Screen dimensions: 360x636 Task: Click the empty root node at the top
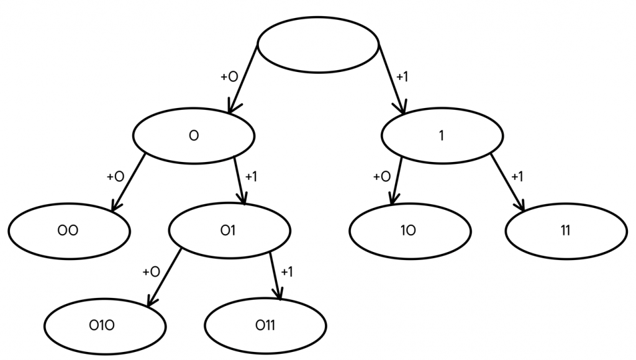[x=318, y=44]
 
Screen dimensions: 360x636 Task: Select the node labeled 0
[x=193, y=136]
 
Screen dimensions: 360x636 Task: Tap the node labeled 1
[x=442, y=136]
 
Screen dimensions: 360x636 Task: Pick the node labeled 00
[x=69, y=230]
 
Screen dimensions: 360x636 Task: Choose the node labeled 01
[x=230, y=230]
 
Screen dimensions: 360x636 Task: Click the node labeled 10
[x=409, y=230]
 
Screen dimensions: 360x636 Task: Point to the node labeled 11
[x=566, y=230]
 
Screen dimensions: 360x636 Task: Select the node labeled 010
[x=105, y=325]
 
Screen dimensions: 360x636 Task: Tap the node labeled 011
[x=265, y=325]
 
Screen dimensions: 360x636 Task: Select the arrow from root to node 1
[x=393, y=80]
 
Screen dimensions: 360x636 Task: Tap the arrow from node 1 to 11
[x=507, y=181]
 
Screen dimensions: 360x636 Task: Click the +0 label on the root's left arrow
[x=229, y=77]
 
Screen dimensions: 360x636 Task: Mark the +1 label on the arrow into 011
[x=287, y=272]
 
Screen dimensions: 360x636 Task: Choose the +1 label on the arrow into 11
[x=517, y=176]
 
